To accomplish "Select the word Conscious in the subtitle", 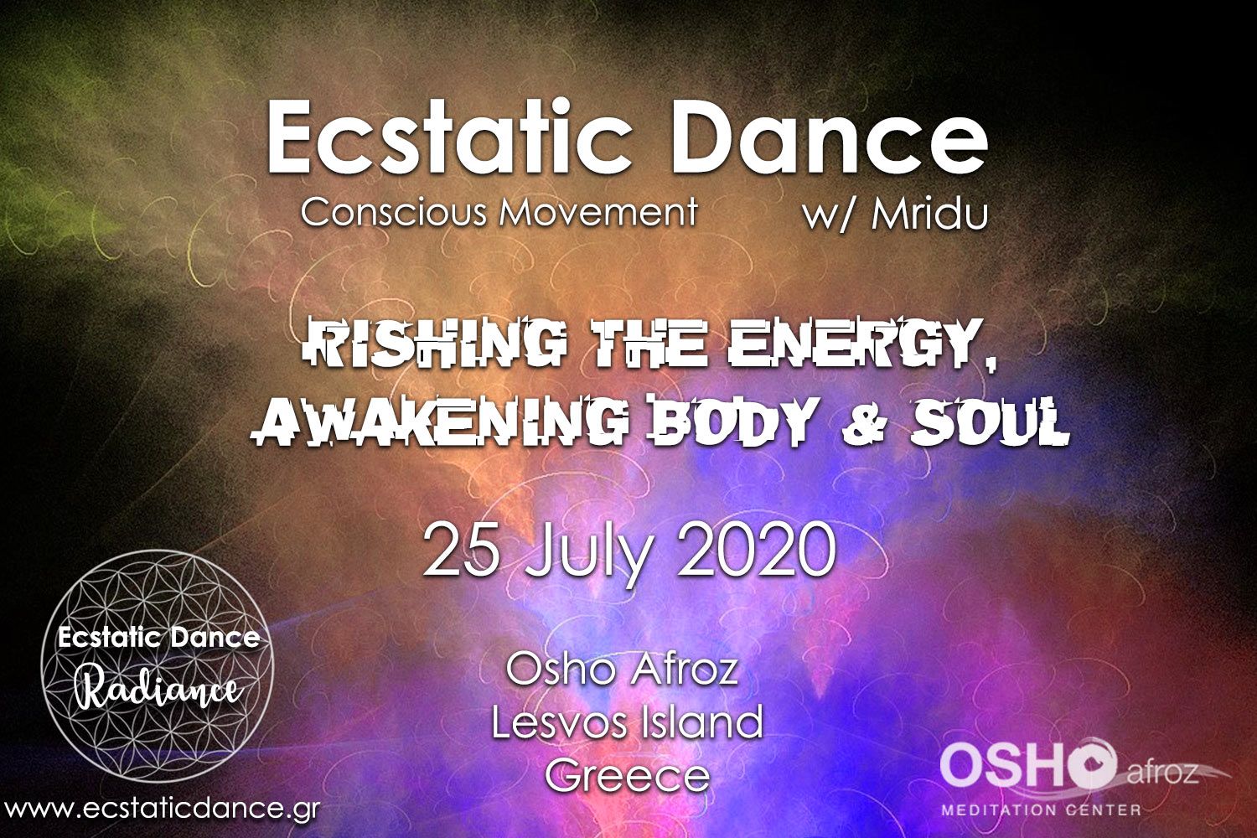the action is point(393,212).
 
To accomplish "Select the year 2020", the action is point(757,548).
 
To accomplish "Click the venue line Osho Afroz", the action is point(622,669).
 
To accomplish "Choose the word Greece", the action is point(628,776).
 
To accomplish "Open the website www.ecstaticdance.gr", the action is point(161,809).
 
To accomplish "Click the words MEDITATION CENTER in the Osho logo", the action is point(1041,810).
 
